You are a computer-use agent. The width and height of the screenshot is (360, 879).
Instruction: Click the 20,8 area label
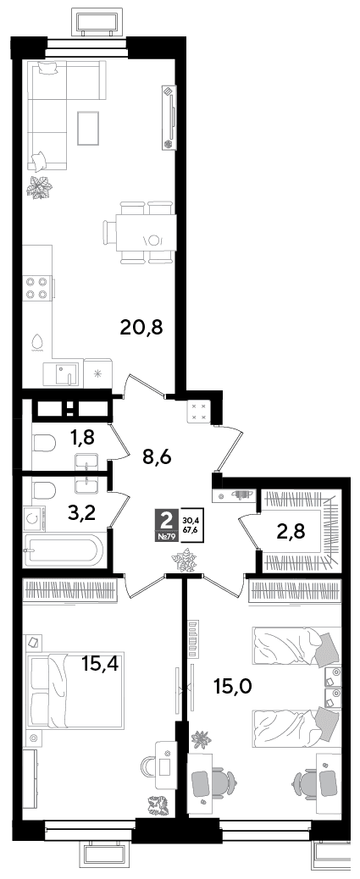[141, 326]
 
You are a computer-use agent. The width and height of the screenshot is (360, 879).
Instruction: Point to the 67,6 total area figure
[190, 528]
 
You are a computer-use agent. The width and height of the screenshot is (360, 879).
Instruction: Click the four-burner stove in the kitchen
[36, 288]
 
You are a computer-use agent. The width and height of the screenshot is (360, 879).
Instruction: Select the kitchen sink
[62, 375]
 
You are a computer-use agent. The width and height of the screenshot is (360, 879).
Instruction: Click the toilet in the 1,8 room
[44, 445]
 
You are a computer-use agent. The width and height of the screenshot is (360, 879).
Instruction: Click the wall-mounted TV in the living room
[169, 117]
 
